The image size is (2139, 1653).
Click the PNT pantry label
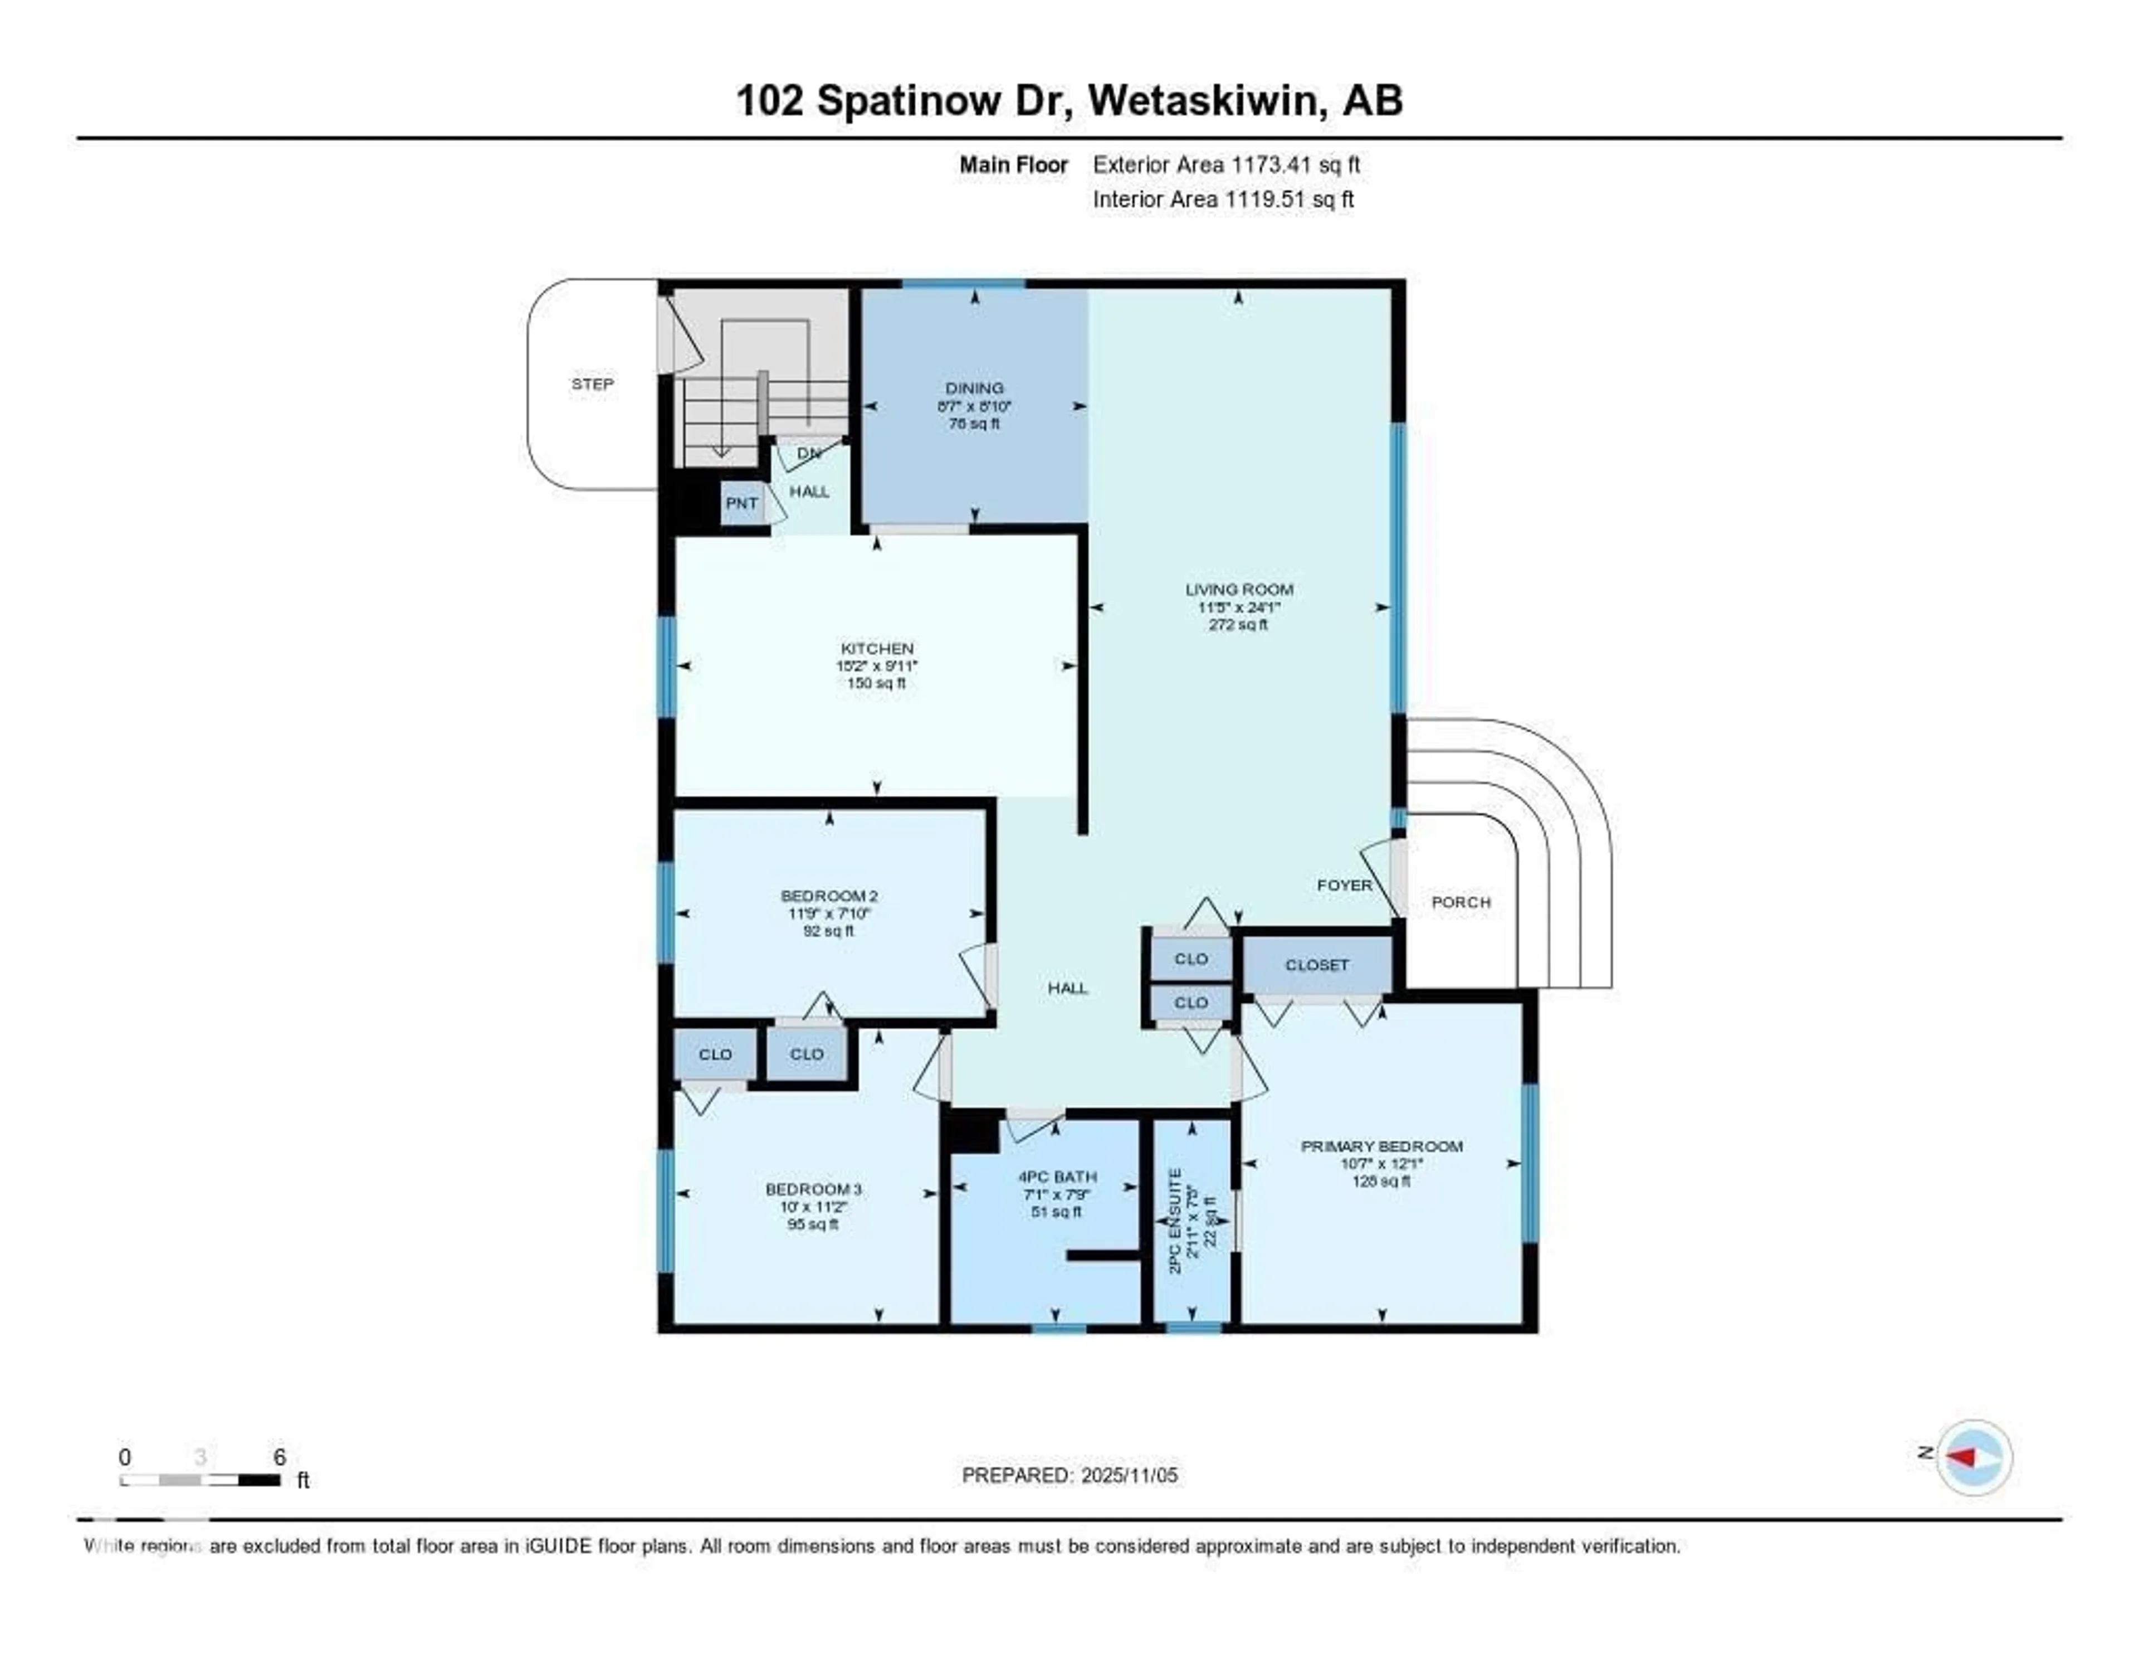tap(741, 503)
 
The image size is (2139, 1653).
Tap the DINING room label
tap(974, 388)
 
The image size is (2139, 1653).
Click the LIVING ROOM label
tap(1239, 589)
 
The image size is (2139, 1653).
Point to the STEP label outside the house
tap(593, 384)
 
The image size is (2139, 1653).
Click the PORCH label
tap(1461, 901)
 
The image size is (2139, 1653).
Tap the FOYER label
tap(1344, 885)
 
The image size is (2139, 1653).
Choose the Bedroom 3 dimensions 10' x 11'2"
tap(814, 1207)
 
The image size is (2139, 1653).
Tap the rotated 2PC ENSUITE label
tap(1175, 1220)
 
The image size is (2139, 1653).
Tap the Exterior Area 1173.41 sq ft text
tap(1226, 164)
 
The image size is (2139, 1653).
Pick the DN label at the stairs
tap(809, 454)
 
